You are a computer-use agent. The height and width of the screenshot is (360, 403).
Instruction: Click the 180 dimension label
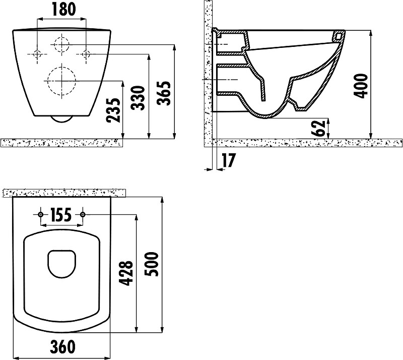pyautogui.click(x=64, y=9)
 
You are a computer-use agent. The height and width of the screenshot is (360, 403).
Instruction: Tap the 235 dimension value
pyautogui.click(x=113, y=110)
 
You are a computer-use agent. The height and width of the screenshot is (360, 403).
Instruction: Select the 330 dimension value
pyautogui.click(x=138, y=98)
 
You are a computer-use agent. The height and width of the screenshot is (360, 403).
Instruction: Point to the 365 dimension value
pyautogui.click(x=164, y=93)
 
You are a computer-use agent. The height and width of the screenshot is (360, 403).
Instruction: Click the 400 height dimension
pyautogui.click(x=361, y=86)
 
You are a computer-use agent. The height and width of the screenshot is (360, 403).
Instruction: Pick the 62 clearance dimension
pyautogui.click(x=318, y=128)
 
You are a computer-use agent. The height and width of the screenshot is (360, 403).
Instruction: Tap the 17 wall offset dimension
pyautogui.click(x=228, y=160)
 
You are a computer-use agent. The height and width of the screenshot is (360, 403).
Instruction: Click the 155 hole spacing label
pyautogui.click(x=60, y=215)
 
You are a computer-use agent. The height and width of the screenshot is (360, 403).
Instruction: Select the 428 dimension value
pyautogui.click(x=126, y=273)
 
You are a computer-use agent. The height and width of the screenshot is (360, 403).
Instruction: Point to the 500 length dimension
pyautogui.click(x=151, y=264)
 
